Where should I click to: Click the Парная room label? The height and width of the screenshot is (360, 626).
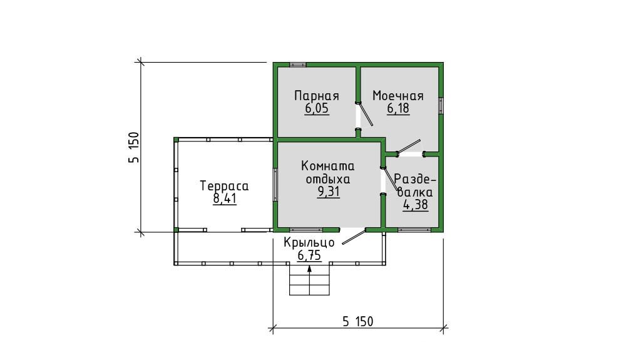pyautogui.click(x=317, y=96)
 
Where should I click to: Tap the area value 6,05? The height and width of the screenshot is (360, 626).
pyautogui.click(x=317, y=108)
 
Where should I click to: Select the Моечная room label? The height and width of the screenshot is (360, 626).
pyautogui.click(x=398, y=96)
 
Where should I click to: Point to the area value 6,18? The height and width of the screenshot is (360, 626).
pyautogui.click(x=398, y=108)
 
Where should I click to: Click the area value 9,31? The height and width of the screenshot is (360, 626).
pyautogui.click(x=329, y=192)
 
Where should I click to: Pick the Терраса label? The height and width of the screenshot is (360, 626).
pyautogui.click(x=224, y=186)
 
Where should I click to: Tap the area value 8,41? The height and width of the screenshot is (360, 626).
pyautogui.click(x=225, y=198)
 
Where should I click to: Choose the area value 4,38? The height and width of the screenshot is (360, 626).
pyautogui.click(x=416, y=205)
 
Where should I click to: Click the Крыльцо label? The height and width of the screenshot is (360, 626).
pyautogui.click(x=309, y=243)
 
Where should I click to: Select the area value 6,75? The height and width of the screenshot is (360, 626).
pyautogui.click(x=309, y=255)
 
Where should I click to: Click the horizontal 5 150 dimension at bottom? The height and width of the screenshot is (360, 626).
pyautogui.click(x=357, y=321)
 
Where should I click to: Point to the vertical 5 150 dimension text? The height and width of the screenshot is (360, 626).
pyautogui.click(x=134, y=147)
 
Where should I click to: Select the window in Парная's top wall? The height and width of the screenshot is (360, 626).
pyautogui.click(x=298, y=64)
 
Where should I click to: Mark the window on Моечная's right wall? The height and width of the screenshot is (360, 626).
pyautogui.click(x=441, y=106)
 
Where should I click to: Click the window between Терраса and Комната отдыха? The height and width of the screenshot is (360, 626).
pyautogui.click(x=275, y=185)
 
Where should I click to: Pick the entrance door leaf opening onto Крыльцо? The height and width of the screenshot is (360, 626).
pyautogui.click(x=354, y=236)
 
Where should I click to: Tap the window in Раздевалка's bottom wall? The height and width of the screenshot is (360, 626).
pyautogui.click(x=414, y=230)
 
